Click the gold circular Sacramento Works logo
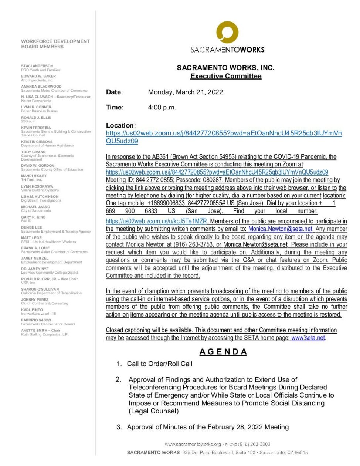[227, 33]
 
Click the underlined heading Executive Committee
[226, 76]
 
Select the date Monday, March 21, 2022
[186, 92]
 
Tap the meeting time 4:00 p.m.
[162, 108]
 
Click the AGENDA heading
[223, 352]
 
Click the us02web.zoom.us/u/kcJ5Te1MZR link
[156, 221]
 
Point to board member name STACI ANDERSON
[37, 66]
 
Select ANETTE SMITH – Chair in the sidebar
[41, 330]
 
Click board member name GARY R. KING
[33, 217]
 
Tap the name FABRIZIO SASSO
[36, 320]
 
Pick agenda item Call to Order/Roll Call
[160, 364]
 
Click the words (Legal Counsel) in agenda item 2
[154, 411]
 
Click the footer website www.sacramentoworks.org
[193, 444]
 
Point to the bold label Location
[120, 125]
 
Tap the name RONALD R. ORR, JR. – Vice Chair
[50, 279]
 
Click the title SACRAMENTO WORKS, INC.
[225, 68]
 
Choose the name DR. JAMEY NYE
[35, 269]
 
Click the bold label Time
[114, 108]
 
